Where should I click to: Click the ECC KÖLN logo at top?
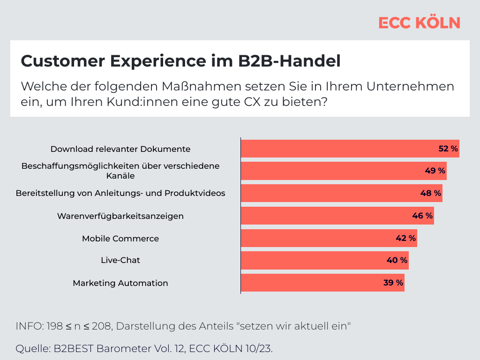[419, 23]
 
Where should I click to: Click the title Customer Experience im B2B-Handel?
[180, 61]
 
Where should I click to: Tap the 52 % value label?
[448, 149]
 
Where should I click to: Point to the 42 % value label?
[405, 238]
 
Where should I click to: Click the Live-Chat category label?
[120, 260]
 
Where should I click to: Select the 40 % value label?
[397, 260]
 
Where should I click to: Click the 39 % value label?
[393, 283]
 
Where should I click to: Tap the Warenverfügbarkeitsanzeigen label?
[120, 216]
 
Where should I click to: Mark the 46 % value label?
[422, 216]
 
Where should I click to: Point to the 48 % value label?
[431, 193]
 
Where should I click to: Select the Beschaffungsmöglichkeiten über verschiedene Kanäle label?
[120, 171]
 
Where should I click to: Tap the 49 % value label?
[435, 171]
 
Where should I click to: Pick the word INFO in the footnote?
[29, 326]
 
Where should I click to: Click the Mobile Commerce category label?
[120, 239]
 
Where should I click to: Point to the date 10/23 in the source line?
[259, 349]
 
